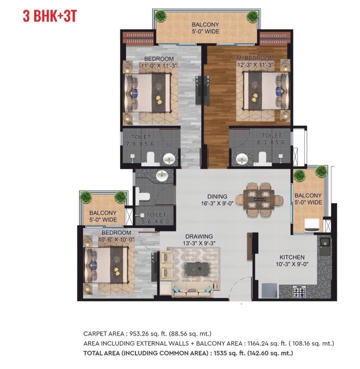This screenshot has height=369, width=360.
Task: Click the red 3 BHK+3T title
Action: [50, 16]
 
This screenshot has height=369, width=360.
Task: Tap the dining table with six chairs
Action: [259, 199]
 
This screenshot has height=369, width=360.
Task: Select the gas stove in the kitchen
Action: [299, 292]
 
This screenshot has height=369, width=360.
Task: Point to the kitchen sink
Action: [325, 246]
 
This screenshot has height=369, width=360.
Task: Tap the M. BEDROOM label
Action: [255, 58]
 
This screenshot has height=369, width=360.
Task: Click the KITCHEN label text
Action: [292, 257]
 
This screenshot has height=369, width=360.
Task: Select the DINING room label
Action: [217, 197]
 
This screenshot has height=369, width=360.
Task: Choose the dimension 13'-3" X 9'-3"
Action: [199, 243]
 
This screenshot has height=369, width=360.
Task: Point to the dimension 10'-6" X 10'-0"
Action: [116, 240]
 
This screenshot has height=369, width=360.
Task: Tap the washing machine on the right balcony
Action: [312, 225]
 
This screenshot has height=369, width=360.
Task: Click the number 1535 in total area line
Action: [220, 353]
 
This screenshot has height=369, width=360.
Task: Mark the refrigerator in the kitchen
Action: [269, 291]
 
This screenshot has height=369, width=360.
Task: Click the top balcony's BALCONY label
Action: [205, 25]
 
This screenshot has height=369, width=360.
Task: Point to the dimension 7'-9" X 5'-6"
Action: [141, 144]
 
